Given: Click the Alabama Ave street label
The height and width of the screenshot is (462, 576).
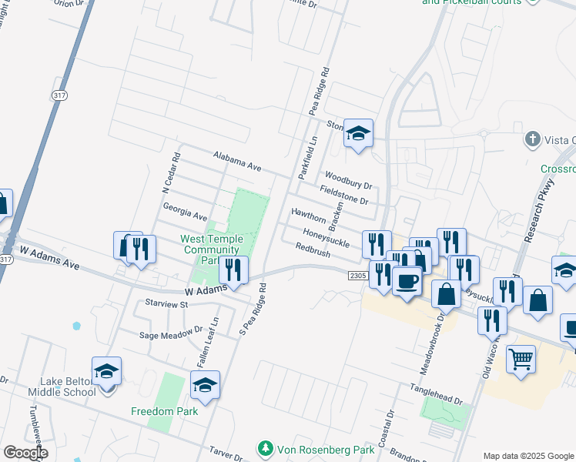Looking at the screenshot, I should tap(239, 163).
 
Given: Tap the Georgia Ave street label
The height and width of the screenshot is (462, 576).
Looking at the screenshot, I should tap(185, 213).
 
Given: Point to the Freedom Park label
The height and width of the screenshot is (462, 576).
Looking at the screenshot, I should tap(164, 411).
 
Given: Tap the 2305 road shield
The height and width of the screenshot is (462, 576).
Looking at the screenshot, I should tap(357, 275).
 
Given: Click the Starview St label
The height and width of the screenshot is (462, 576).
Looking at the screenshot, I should tap(162, 304).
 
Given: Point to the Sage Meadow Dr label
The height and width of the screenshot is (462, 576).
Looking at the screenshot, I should tap(170, 335).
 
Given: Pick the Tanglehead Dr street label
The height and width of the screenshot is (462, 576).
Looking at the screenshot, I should tap(437, 401).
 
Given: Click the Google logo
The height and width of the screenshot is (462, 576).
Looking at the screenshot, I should tap(26, 453).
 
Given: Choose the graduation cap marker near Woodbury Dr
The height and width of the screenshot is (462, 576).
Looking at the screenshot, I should tap(358, 134).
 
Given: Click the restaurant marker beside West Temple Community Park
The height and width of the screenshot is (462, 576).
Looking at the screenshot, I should tap(233, 269).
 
